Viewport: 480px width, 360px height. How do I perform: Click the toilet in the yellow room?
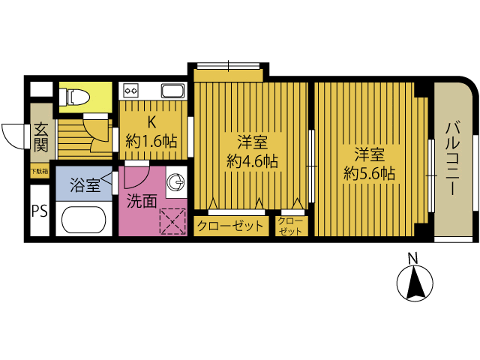tap(75, 95)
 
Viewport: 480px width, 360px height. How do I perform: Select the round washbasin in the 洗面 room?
tap(178, 182)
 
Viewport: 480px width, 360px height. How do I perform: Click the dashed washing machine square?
tap(173, 220)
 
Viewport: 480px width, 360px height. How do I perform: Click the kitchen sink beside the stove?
tap(172, 91)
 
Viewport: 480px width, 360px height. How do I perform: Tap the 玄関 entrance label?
tap(40, 136)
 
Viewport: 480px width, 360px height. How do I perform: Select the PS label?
tap(39, 211)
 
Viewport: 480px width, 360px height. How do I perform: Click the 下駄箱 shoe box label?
tap(39, 172)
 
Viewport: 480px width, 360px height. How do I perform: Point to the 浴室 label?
tap(84, 185)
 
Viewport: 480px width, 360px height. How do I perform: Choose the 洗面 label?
tap(141, 200)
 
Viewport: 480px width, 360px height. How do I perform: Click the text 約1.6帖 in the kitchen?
tap(151, 140)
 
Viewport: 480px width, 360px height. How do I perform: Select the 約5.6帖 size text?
tap(369, 173)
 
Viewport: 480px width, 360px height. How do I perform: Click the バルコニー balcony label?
tap(453, 158)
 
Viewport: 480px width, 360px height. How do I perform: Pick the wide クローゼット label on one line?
tap(230, 225)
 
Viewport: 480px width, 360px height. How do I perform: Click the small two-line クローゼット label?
tap(291, 225)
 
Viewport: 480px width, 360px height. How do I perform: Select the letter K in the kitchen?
tap(151, 122)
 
